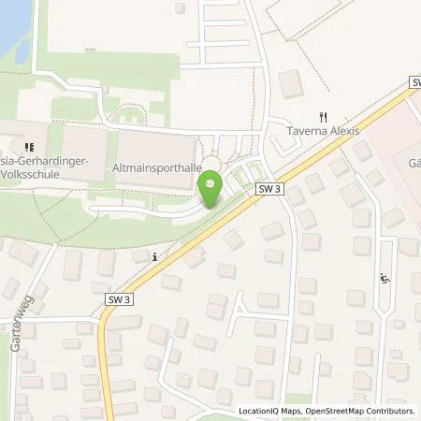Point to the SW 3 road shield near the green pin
pos(268,189)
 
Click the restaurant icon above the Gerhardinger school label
pos(29,146)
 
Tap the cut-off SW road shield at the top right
pos(414,84)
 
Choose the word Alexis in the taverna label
pos(341,132)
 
